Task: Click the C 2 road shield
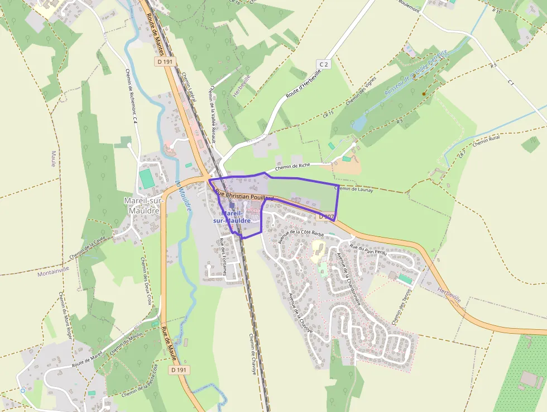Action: [x=323, y=64]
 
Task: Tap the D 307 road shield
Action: [x=327, y=216]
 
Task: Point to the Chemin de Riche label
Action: [x=292, y=167]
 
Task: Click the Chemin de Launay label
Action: [x=353, y=189]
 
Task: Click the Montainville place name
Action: [x=54, y=273]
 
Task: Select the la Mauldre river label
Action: [x=183, y=195]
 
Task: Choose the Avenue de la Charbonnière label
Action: [x=348, y=278]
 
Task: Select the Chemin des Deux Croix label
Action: [x=146, y=281]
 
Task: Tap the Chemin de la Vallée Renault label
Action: [x=212, y=108]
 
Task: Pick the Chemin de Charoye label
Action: [x=252, y=353]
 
